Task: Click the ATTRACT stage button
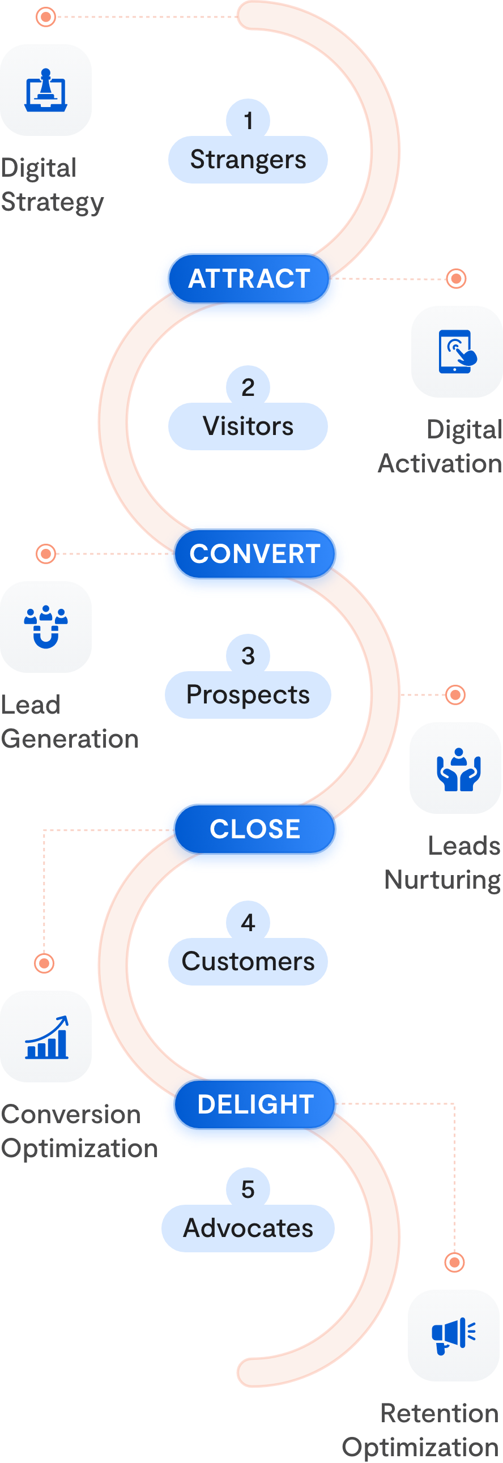(249, 279)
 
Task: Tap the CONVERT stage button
(255, 554)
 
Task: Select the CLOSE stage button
(255, 829)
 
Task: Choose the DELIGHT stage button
(255, 1104)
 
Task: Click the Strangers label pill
(248, 160)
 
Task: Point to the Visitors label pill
(248, 426)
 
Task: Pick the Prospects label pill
(248, 695)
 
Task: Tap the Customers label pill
(248, 962)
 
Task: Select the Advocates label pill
(248, 1229)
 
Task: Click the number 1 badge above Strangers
(248, 121)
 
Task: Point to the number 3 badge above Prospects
(248, 655)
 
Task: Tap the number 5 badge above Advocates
(248, 1189)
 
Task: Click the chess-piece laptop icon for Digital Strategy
(46, 90)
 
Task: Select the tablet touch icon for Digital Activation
(457, 352)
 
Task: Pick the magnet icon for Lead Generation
(46, 627)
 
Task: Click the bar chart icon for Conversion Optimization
(46, 1037)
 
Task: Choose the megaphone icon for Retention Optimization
(454, 1335)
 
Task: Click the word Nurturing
(442, 880)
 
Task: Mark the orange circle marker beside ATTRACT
(456, 279)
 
